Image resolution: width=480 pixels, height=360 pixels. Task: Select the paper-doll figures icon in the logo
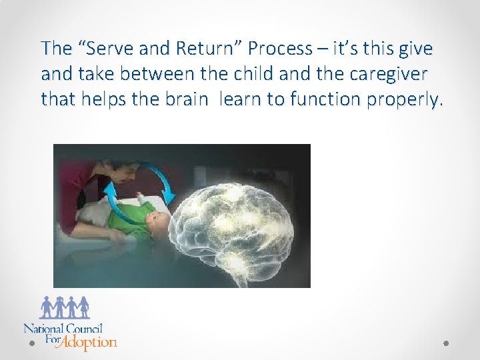pos(65,307)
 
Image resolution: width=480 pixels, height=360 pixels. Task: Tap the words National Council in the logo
pos(63,329)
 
